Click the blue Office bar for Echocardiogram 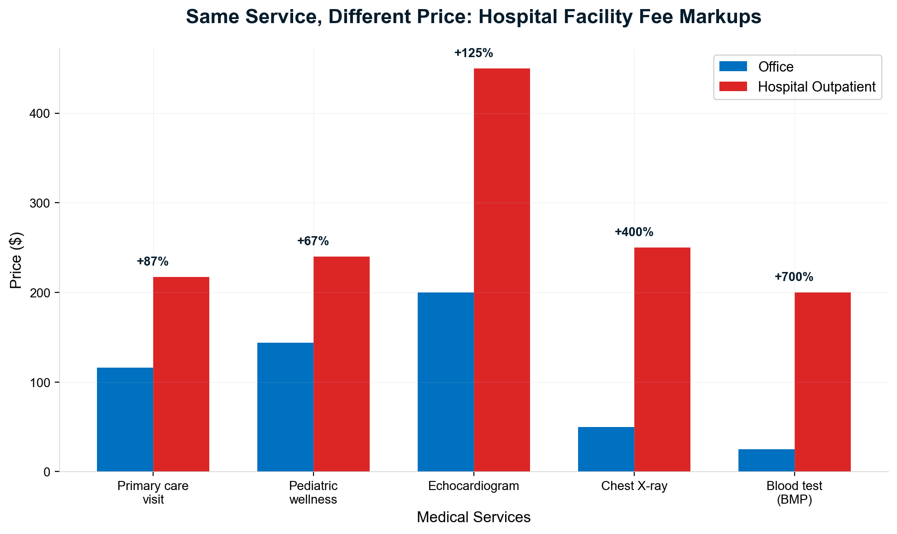coord(445,382)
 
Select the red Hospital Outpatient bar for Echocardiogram coord(502,270)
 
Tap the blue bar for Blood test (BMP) coord(766,460)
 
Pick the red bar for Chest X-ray coord(662,359)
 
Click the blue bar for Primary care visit coord(125,419)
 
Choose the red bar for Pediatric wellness coord(341,364)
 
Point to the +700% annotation coord(794,277)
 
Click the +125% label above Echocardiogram coord(473,53)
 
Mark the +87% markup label coord(152,262)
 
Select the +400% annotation coord(634,232)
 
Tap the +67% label coord(313,241)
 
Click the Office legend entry coord(776,67)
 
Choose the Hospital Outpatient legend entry coord(816,87)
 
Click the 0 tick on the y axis coord(47,472)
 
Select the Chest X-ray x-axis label coord(634,486)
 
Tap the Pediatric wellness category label coord(313,493)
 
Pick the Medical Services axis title coord(473,517)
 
